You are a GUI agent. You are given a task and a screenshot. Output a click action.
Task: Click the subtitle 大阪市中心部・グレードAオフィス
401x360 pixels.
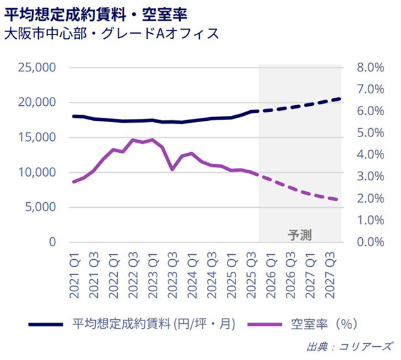(111, 33)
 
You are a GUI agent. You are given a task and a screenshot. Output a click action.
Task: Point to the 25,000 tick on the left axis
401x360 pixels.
(38, 67)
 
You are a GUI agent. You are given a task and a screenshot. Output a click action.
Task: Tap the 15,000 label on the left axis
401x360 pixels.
(38, 137)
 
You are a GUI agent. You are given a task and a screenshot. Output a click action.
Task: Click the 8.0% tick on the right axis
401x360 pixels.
(369, 67)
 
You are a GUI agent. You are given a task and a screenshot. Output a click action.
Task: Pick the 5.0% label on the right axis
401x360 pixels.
(369, 133)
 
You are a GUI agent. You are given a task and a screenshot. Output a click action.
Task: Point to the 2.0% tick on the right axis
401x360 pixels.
(369, 198)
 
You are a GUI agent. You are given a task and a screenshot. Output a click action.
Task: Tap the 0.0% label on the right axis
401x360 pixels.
(369, 242)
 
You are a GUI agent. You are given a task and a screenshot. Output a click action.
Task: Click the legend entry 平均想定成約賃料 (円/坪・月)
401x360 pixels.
(153, 324)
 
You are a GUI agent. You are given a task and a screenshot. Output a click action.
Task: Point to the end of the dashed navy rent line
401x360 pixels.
(339, 99)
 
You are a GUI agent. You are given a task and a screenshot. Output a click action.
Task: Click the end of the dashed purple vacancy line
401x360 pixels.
(339, 200)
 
